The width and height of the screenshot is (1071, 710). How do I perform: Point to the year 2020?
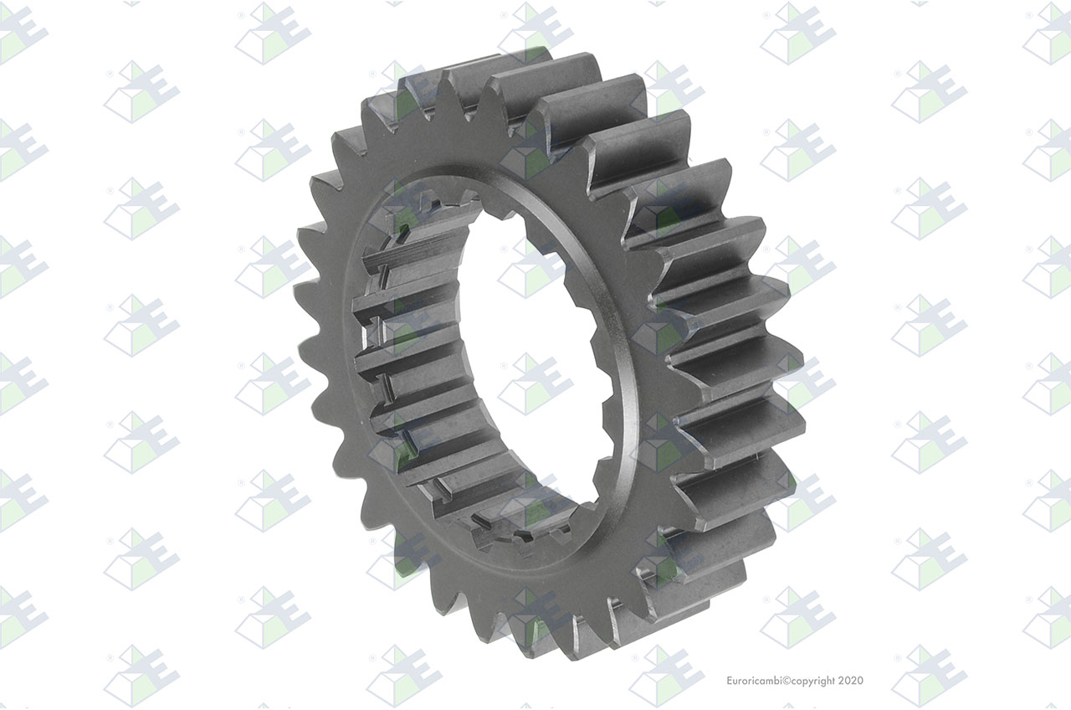pyautogui.click(x=851, y=681)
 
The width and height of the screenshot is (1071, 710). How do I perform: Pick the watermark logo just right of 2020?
pyautogui.click(x=929, y=676)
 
